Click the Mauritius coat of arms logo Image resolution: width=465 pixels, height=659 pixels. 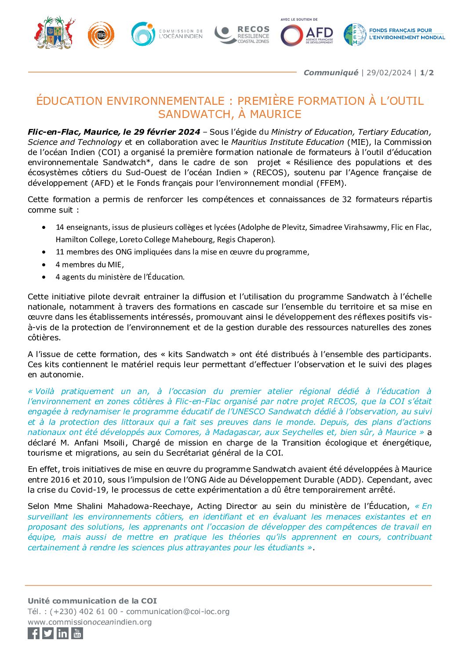55,33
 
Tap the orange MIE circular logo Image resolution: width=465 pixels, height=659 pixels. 101,34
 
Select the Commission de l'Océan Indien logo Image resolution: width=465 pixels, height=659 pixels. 167,34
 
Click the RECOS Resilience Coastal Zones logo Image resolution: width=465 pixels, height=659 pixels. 242,34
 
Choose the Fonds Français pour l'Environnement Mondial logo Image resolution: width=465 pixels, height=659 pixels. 394,34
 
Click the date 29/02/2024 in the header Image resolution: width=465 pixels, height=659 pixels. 389,73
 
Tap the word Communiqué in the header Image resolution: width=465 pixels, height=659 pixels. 331,73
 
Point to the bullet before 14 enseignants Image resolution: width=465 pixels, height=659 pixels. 44,228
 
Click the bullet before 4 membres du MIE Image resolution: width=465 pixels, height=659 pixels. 44,265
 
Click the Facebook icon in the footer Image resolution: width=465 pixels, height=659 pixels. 33,633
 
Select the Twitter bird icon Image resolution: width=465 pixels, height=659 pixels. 48,633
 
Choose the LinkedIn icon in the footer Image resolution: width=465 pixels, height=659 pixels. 62,633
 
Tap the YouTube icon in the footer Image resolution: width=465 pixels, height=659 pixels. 77,633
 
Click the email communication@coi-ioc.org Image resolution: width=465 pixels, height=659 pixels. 178,611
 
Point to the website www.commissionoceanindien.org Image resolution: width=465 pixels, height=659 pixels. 90,622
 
